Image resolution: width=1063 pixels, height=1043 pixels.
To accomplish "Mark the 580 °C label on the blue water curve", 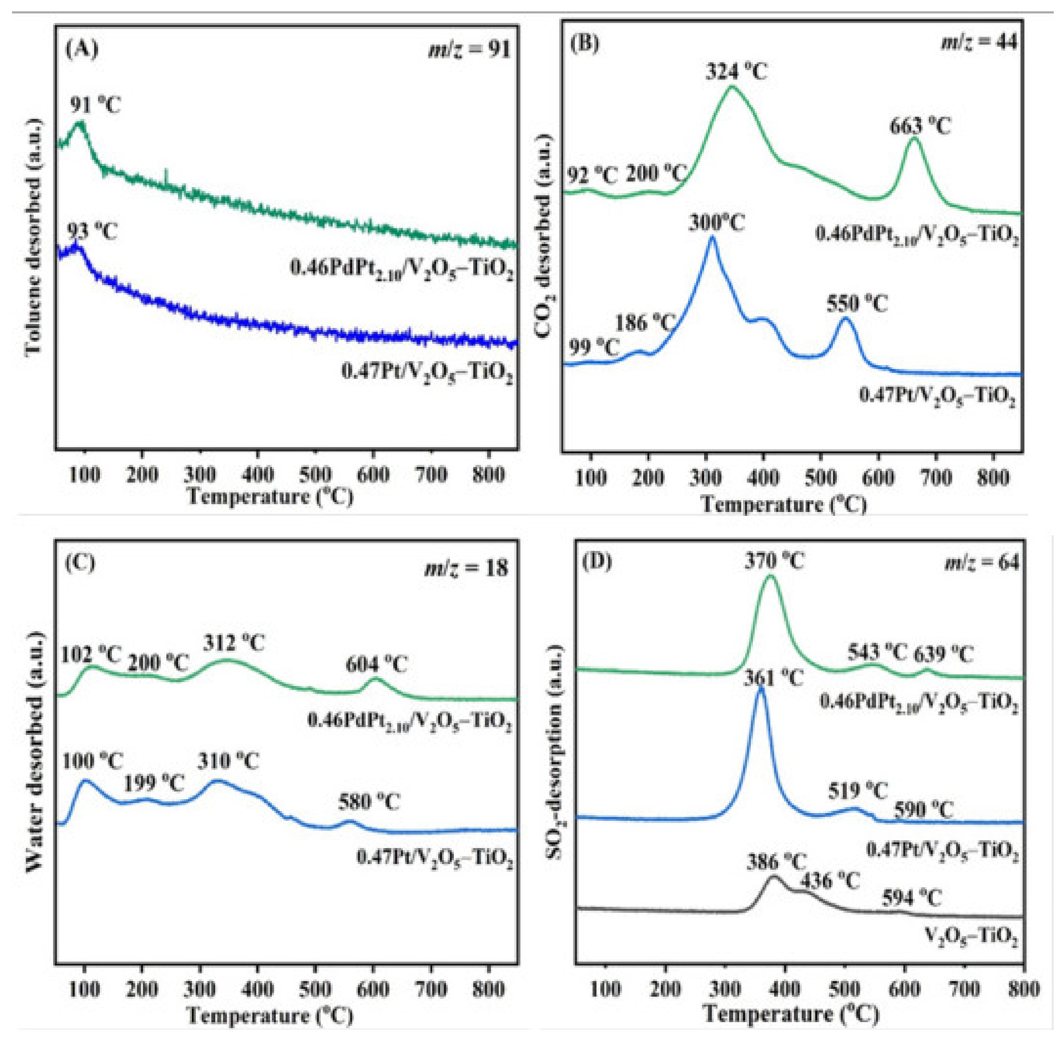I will [369, 802].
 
